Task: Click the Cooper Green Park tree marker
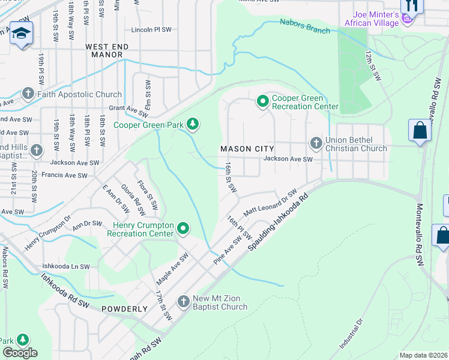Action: point(192,124)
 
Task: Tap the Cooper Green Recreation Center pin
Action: point(262,101)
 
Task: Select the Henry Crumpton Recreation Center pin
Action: point(184,229)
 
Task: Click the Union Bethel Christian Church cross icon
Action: point(316,143)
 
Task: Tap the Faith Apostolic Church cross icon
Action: point(28,94)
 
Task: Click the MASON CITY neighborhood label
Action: point(247,148)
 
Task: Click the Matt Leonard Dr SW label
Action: point(270,204)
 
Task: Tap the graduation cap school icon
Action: point(21,33)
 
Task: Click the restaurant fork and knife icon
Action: point(412,5)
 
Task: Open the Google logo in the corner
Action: point(20,353)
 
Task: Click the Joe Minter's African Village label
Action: point(371,19)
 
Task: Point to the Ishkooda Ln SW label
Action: point(66,266)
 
